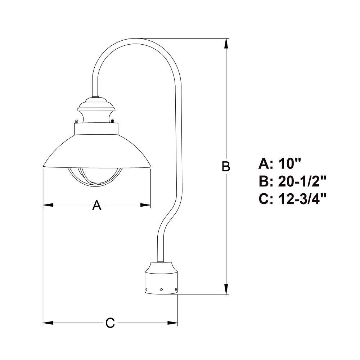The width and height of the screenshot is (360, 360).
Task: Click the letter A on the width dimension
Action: click(x=96, y=205)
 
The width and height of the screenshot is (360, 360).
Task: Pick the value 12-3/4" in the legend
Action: click(x=302, y=199)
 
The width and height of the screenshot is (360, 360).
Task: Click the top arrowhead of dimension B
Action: click(x=226, y=43)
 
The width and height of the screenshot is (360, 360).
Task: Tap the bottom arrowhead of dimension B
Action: click(x=226, y=289)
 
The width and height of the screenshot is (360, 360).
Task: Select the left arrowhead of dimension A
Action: click(x=48, y=205)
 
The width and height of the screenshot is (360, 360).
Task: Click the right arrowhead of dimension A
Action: click(x=145, y=205)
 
